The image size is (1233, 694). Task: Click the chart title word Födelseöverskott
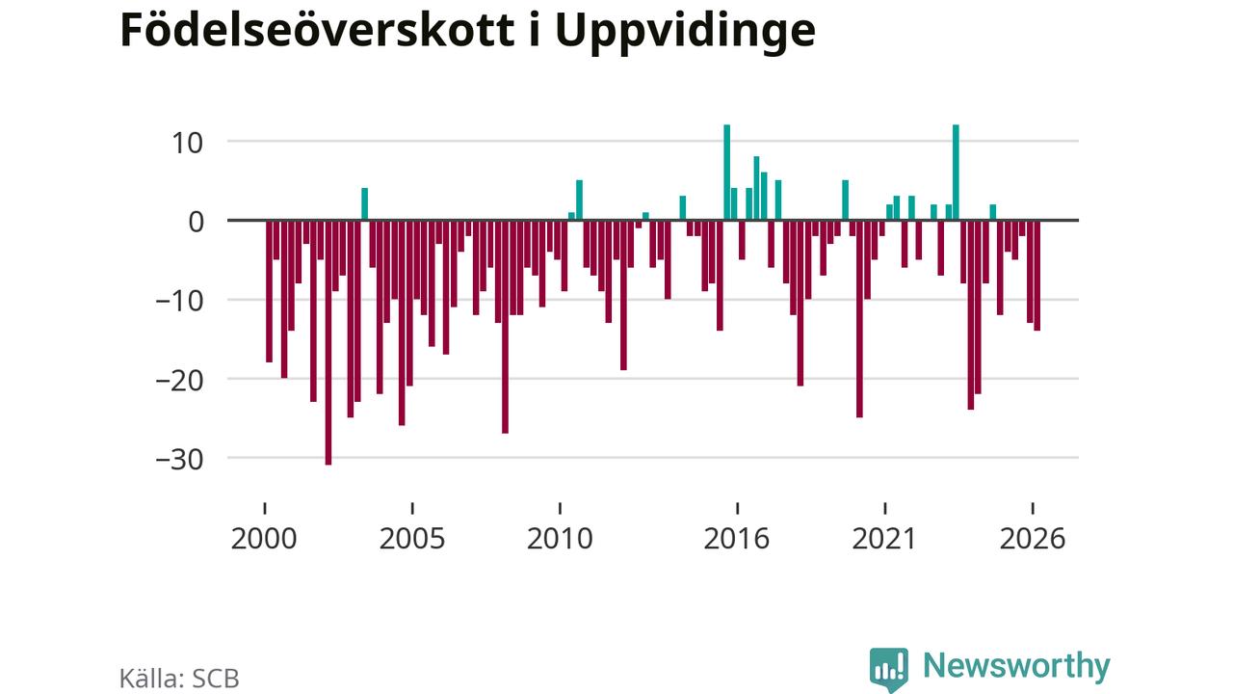click(x=318, y=31)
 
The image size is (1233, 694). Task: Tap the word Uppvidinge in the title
click(x=685, y=33)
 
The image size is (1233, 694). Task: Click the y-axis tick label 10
click(x=188, y=144)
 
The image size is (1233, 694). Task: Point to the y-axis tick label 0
click(x=196, y=223)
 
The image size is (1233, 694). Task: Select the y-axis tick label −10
click(x=179, y=302)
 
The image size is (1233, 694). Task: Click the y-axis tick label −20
click(x=179, y=381)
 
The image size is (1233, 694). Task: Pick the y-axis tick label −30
click(x=179, y=460)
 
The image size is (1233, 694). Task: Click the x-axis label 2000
click(x=264, y=539)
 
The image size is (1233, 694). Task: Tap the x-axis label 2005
click(x=412, y=539)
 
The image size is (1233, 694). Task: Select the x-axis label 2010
click(x=560, y=539)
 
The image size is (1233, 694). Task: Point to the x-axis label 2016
click(x=737, y=539)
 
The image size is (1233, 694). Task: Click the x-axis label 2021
click(x=884, y=539)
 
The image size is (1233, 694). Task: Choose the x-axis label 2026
click(x=1033, y=539)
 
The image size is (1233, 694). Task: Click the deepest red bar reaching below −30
click(x=328, y=342)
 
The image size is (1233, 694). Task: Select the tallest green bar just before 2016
click(x=726, y=173)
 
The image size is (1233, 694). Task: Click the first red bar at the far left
click(x=269, y=291)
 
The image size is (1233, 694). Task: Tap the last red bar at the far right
click(x=1037, y=276)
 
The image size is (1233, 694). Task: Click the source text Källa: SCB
click(x=179, y=679)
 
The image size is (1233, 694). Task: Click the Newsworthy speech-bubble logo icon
click(x=889, y=670)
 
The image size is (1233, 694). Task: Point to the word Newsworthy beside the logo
click(x=1016, y=667)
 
